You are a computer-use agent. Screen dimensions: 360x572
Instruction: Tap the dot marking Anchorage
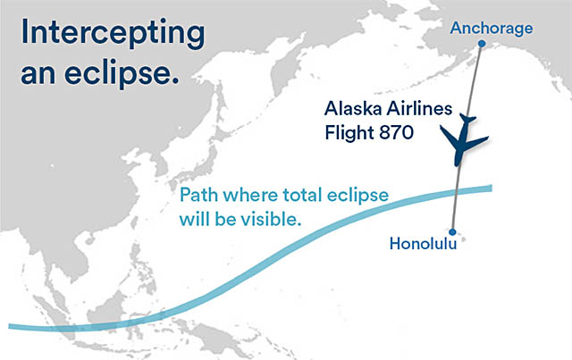click(x=481, y=44)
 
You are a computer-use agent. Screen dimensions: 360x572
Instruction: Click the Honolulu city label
click(x=424, y=242)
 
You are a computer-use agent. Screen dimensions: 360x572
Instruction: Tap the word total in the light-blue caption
click(x=304, y=197)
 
